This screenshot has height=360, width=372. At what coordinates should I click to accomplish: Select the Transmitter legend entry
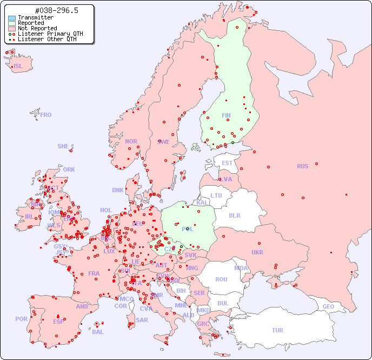point(35,17)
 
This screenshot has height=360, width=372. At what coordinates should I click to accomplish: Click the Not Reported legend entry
point(37,28)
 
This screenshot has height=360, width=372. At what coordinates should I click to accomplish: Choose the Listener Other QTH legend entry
point(47,39)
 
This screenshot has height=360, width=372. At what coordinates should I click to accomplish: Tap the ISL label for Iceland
point(18,67)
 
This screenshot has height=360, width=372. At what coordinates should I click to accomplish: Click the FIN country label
point(226,115)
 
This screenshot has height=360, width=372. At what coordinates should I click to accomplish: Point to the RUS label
point(302,166)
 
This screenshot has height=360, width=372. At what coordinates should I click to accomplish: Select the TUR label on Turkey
point(277,330)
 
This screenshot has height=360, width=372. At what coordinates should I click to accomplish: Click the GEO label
point(328,306)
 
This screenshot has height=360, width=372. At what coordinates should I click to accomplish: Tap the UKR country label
point(257,252)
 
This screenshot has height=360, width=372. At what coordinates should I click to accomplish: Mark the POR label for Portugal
point(21,319)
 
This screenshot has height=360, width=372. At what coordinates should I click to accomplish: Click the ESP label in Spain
point(58,321)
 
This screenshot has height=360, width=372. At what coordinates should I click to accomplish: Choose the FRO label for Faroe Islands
point(46,115)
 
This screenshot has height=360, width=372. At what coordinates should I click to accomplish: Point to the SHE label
point(63,146)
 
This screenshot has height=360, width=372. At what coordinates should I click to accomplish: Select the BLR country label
point(235,215)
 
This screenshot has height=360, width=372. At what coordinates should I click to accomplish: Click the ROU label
point(221,279)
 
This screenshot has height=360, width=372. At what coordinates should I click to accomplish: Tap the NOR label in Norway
point(131,141)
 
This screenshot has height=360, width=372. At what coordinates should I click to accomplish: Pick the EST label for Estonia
point(227,163)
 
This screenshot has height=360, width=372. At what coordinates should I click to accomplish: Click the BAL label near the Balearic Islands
point(97,332)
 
